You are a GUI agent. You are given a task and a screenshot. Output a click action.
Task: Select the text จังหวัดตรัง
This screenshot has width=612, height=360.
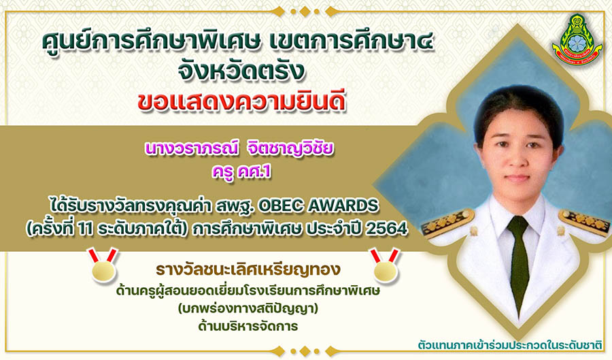(241, 71)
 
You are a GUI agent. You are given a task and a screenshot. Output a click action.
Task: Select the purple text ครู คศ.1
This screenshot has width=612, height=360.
(241, 171)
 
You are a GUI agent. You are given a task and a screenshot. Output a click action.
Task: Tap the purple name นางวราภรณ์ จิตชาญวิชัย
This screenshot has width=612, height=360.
(239, 149)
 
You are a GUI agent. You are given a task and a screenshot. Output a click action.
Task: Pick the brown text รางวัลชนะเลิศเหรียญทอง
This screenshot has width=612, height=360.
(248, 270)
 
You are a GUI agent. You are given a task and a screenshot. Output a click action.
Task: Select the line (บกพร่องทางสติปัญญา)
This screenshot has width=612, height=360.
(248, 309)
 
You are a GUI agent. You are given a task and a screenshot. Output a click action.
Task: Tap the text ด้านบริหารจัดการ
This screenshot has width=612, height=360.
(248, 326)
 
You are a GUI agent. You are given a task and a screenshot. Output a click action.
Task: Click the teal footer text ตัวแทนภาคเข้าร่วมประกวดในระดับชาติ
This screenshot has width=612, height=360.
(510, 346)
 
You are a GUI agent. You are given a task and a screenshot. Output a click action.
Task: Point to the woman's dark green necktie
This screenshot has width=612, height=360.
(518, 261)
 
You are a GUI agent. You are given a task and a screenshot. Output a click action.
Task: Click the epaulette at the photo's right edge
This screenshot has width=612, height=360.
(585, 222)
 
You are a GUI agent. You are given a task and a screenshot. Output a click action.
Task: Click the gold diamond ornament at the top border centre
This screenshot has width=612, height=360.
(305, 12)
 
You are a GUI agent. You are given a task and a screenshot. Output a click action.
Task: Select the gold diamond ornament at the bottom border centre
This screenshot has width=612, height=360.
(305, 351)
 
